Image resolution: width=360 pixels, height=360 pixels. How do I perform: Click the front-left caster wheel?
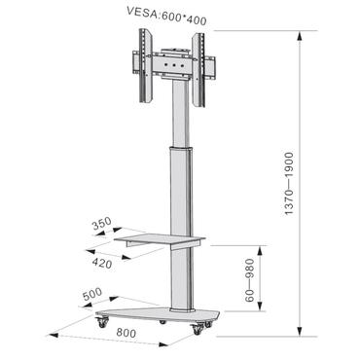pos(102,321)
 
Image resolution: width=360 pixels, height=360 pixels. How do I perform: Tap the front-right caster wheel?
pos(198,330)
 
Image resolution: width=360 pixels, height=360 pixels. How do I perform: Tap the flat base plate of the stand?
pos(156,315)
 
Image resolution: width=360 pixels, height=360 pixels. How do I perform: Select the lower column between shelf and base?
pos(175,277)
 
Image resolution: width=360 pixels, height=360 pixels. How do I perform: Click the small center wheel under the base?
pos(163,322)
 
